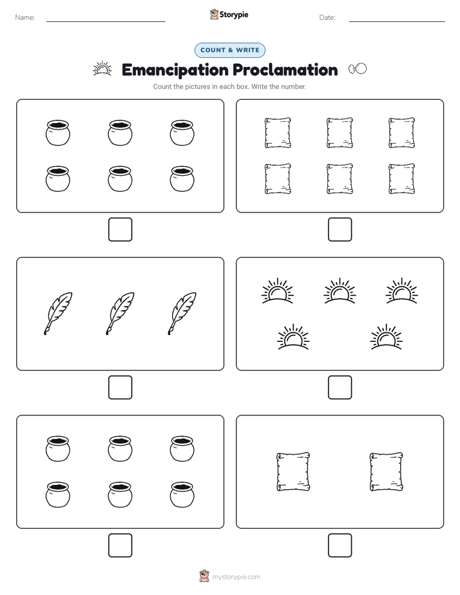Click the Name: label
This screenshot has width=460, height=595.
point(25,17)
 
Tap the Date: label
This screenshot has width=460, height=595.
point(327,17)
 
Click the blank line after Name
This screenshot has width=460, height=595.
point(106,22)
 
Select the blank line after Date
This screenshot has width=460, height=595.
point(397,22)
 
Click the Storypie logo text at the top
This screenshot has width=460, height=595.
point(234,15)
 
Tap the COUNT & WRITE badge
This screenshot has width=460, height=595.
point(230,50)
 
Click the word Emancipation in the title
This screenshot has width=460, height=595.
point(175,70)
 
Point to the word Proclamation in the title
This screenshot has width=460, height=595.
point(285,70)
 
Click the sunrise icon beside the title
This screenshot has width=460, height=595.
point(102,69)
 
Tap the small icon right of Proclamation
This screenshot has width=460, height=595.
point(358,69)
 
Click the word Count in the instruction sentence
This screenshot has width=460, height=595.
point(162,86)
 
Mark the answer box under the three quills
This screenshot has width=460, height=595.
point(120,388)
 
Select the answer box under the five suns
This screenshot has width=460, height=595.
point(340,388)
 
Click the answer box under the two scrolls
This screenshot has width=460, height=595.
point(340,545)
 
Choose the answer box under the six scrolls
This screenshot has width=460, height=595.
point(340,230)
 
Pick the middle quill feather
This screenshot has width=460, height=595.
point(120,314)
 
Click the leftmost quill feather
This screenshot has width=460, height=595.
point(58,314)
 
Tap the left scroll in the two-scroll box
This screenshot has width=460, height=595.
point(293,471)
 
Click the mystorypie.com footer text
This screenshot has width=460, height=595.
point(236,577)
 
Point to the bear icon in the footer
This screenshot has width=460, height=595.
point(204,576)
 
